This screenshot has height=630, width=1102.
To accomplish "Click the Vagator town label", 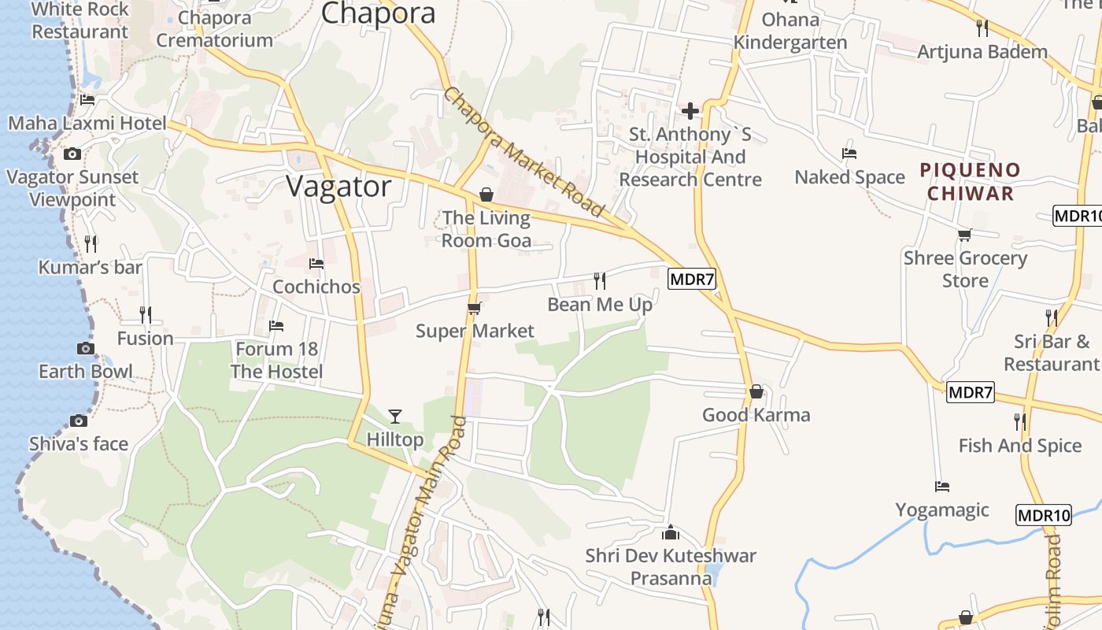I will (338, 187).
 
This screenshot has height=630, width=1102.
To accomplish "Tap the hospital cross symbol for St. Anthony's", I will (690, 111).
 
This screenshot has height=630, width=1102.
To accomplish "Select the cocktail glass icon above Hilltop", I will (394, 416).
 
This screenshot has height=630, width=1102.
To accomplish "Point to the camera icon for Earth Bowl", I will (86, 348).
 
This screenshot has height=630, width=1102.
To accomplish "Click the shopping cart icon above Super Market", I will (474, 308).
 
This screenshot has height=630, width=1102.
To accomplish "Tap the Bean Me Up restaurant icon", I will (600, 280).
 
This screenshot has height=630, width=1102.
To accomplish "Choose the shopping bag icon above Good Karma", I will (756, 391).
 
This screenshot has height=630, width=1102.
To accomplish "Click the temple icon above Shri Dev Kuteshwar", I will (671, 532).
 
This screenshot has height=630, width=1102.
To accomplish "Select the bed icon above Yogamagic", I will (942, 486).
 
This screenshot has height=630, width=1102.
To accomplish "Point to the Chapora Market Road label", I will (523, 152).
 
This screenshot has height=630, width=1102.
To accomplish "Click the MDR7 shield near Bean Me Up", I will (692, 278).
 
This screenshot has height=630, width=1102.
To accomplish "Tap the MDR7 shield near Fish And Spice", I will (971, 391).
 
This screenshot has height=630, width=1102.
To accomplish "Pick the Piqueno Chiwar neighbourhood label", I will (970, 181).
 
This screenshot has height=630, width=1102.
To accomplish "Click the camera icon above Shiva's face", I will (79, 421).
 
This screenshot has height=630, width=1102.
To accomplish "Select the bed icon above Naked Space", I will (849, 154).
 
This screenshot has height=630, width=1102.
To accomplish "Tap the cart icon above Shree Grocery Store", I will (964, 235).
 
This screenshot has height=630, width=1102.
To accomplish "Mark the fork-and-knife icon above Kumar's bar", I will (91, 244).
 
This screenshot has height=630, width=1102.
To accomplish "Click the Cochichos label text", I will (316, 287).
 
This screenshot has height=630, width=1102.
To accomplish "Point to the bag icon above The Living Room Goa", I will (486, 195).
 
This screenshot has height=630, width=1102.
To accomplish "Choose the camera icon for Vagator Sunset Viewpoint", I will (72, 154).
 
